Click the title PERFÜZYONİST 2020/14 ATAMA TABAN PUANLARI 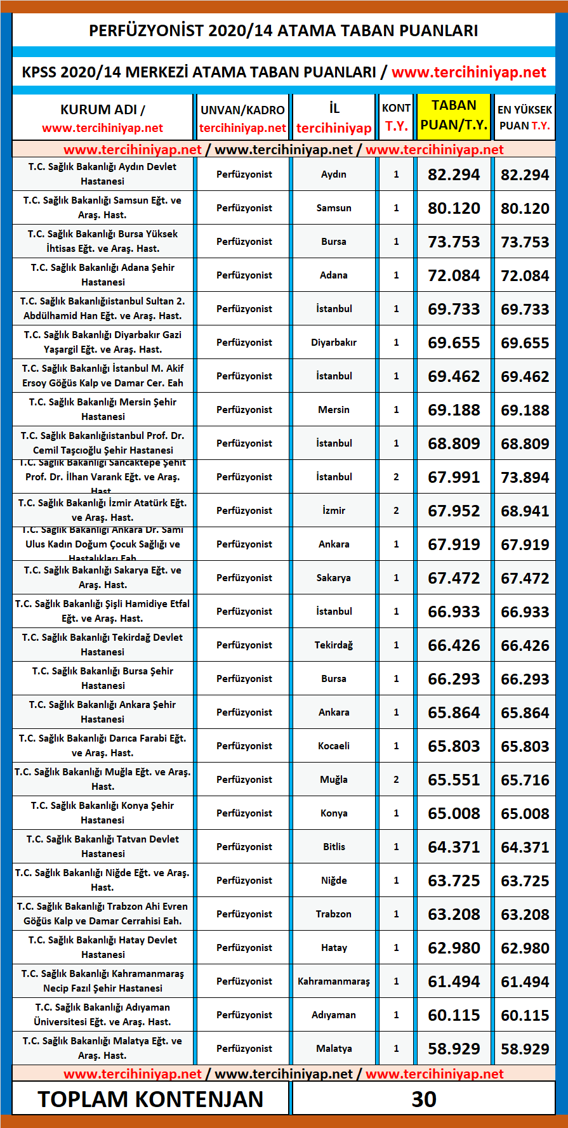tap(283, 30)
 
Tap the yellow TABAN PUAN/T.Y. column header tap(454, 115)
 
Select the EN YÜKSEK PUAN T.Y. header tap(525, 117)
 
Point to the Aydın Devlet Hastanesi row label tap(102, 174)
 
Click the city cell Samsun tap(334, 208)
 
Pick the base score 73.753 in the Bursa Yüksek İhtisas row tap(454, 242)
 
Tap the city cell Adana tap(334, 275)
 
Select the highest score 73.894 tap(525, 478)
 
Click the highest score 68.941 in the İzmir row tap(525, 511)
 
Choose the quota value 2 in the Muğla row tap(397, 780)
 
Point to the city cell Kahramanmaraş tap(334, 981)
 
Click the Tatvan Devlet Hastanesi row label tap(102, 846)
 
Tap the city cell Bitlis tap(334, 847)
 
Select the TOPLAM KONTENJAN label tap(150, 1099)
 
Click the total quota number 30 tap(424, 1099)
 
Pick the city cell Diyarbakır tap(334, 343)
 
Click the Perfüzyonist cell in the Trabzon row tap(244, 914)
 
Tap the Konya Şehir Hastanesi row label tap(102, 813)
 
